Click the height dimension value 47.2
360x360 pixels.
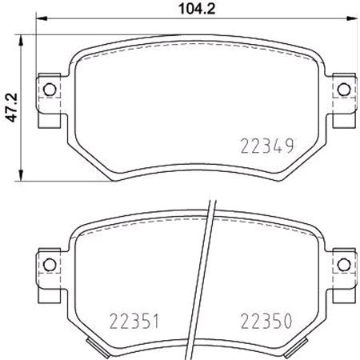click(x=10, y=106)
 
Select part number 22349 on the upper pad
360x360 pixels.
click(x=267, y=146)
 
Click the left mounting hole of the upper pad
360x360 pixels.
click(x=48, y=90)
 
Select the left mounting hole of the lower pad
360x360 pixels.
click(x=48, y=264)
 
